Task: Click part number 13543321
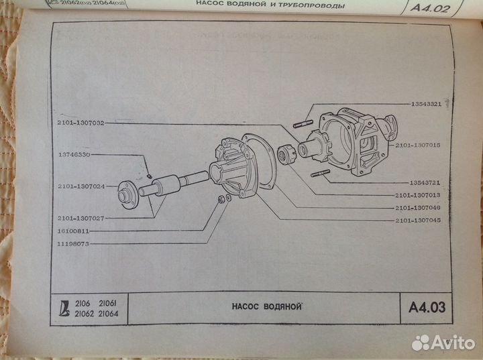click(427, 105)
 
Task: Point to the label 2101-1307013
click(417, 195)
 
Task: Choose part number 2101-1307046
click(417, 208)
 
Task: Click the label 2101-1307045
click(417, 221)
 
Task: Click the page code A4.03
click(429, 309)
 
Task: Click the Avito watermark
click(443, 343)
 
